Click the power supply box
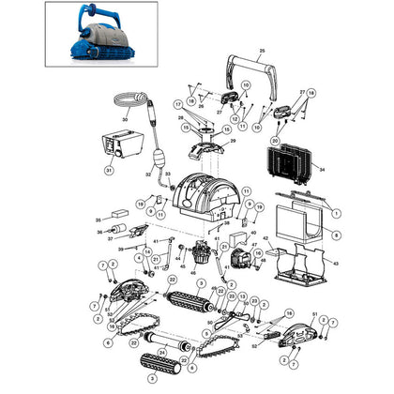(x=120, y=144)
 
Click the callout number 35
(x=97, y=220)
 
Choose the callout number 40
(x=253, y=232)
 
